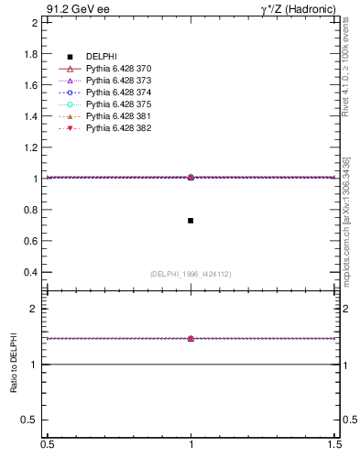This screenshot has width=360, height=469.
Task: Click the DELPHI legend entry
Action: click(x=100, y=57)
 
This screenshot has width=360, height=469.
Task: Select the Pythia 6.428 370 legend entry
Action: click(x=117, y=69)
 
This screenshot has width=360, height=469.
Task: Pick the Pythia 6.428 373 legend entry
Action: click(x=117, y=81)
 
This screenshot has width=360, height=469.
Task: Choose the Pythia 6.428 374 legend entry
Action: click(x=117, y=93)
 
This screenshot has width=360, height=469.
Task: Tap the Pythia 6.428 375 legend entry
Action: click(x=117, y=104)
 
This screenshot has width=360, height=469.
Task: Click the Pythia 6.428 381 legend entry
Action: click(x=117, y=116)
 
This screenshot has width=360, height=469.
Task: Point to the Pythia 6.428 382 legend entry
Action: click(x=117, y=128)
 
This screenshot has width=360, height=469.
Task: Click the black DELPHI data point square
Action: click(x=191, y=221)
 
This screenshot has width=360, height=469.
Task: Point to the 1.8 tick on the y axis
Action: click(x=30, y=53)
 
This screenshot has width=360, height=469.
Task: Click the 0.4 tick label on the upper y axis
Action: click(x=30, y=272)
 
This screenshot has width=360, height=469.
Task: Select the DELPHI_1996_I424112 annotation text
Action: click(x=191, y=274)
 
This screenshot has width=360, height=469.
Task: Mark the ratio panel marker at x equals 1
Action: click(x=191, y=338)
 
